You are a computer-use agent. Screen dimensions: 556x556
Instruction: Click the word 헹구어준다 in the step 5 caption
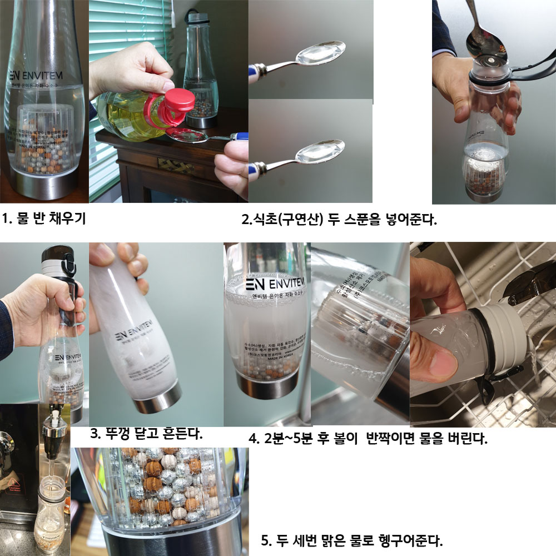[409, 540]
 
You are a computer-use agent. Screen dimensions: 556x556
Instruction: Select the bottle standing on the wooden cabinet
[201, 69]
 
